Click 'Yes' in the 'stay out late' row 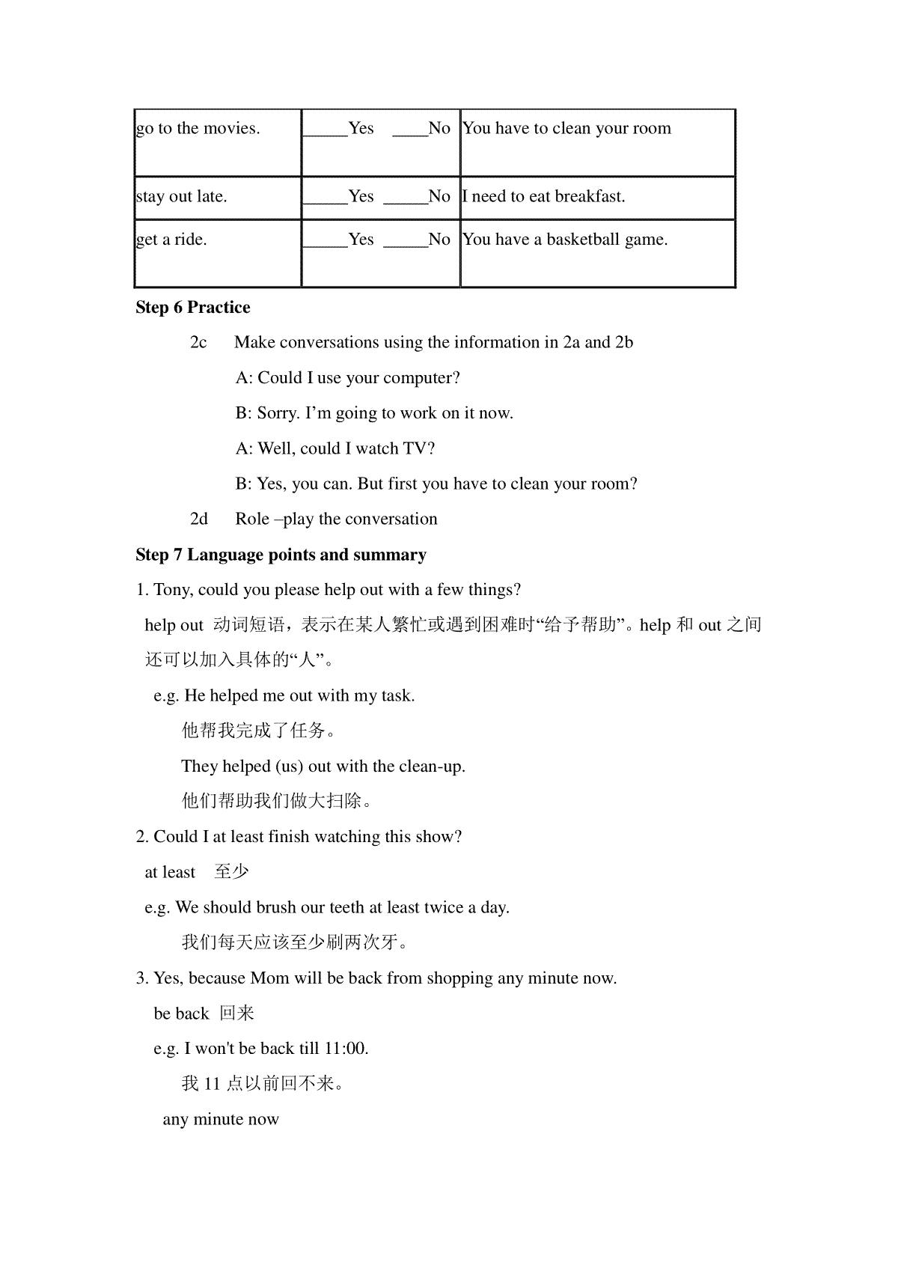(361, 197)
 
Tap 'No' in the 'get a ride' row (439, 240)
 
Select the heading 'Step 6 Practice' (193, 308)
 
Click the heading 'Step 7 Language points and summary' (281, 555)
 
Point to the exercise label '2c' (198, 343)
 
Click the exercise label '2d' (199, 519)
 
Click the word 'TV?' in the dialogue (419, 449)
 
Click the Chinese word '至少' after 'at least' (231, 872)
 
